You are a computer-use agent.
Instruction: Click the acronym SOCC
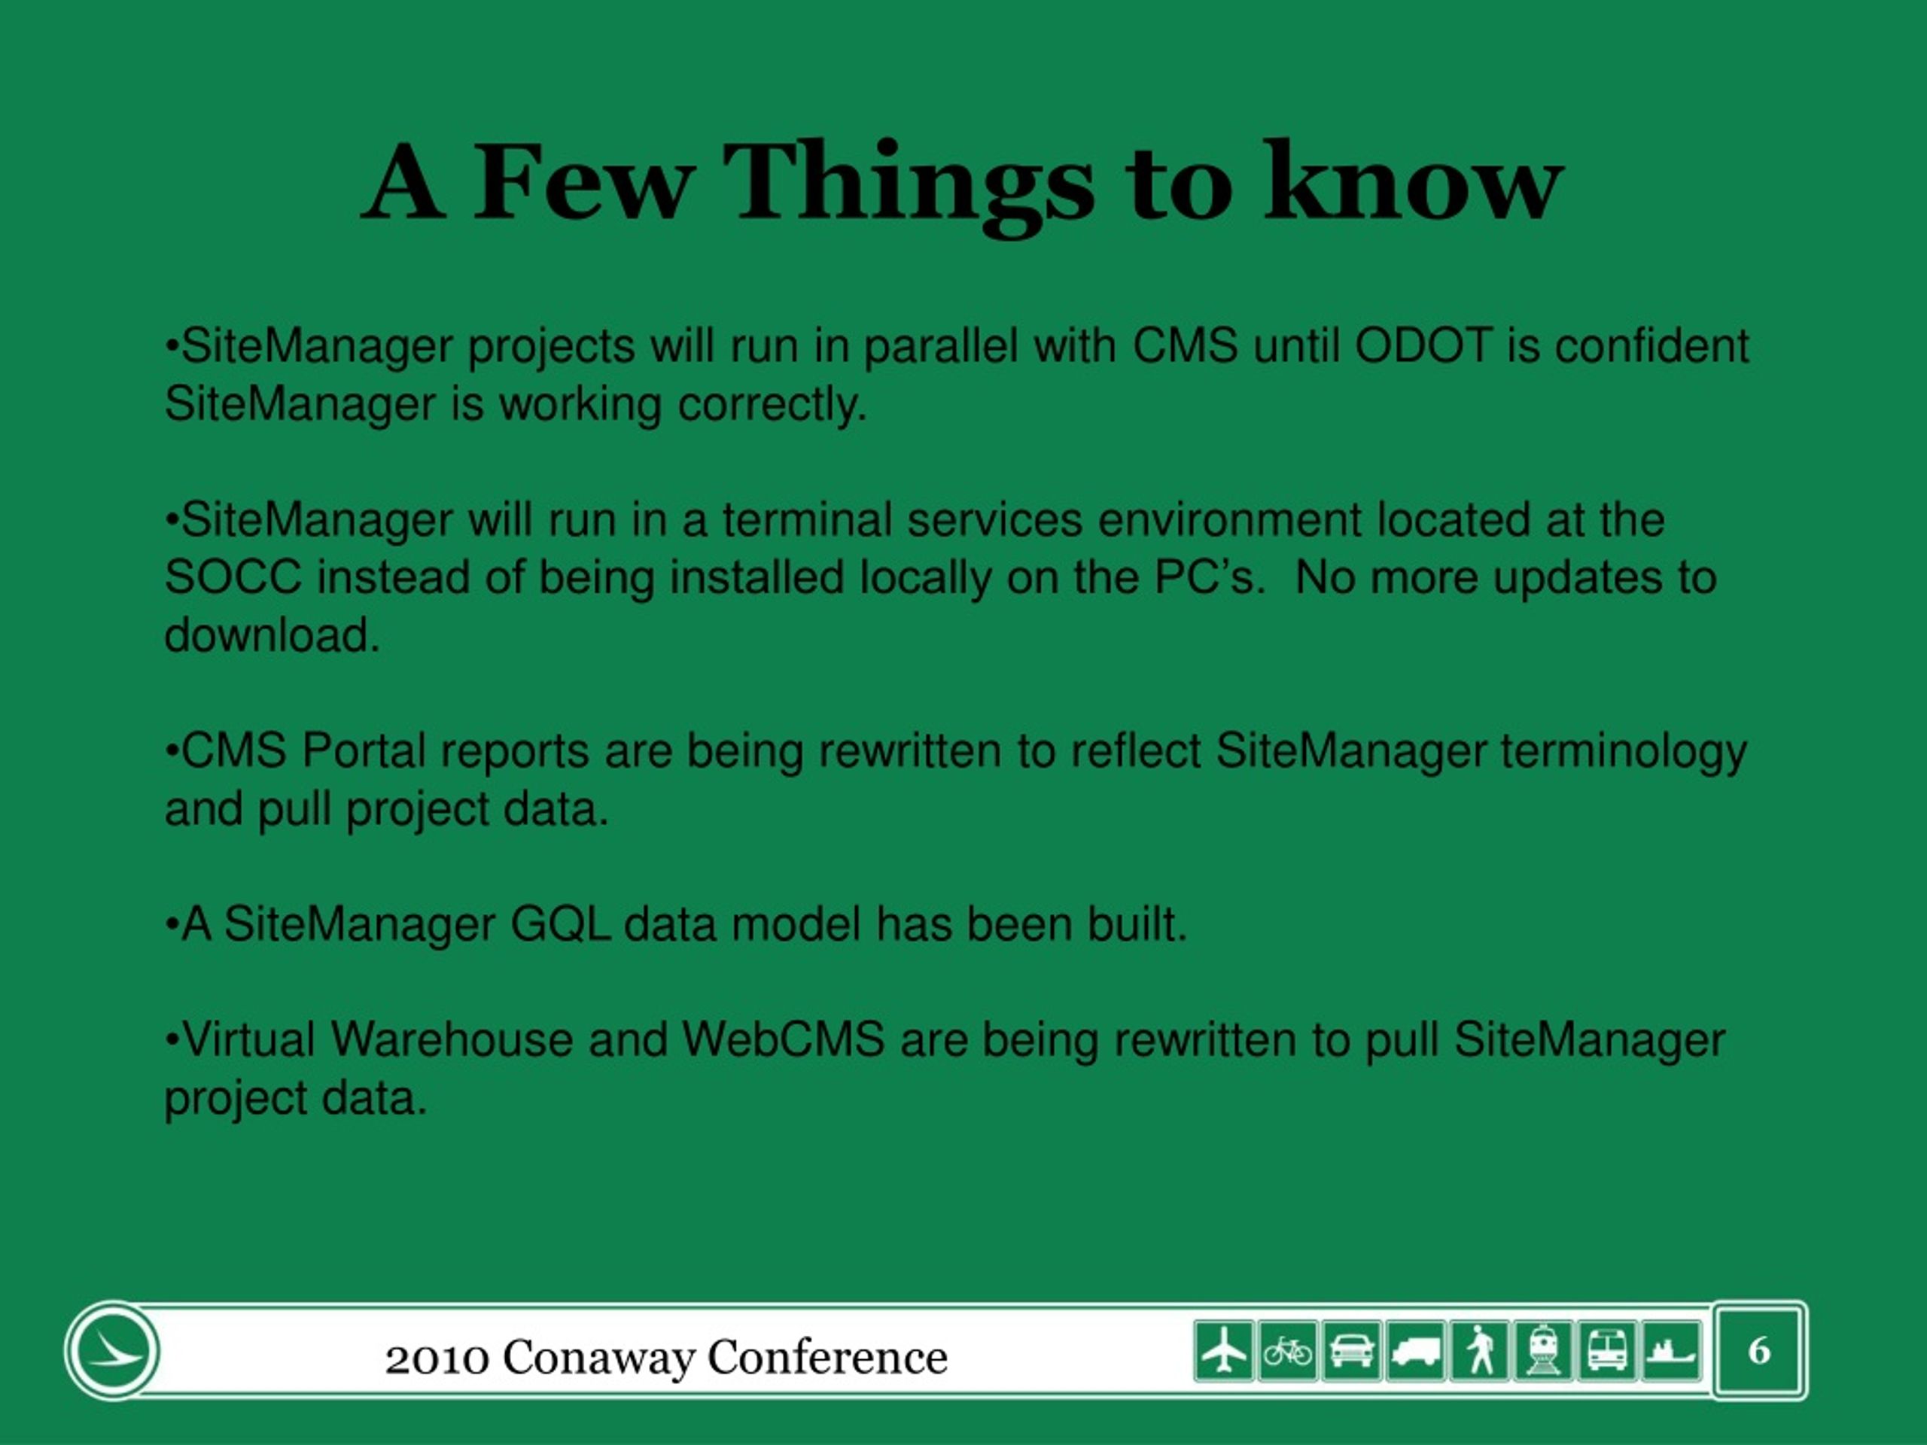tap(233, 577)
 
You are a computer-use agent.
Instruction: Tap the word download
tap(272, 634)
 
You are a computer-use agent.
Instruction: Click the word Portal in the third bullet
tap(364, 751)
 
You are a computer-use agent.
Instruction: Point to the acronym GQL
tap(560, 924)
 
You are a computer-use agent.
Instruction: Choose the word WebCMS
tap(783, 1040)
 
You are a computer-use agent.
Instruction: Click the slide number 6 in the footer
tap(1759, 1351)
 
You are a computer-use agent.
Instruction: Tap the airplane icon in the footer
tap(1224, 1351)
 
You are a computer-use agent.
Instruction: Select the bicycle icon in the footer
tap(1288, 1351)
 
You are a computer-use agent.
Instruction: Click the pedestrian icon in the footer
tap(1479, 1351)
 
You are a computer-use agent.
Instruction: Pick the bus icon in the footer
tap(1607, 1351)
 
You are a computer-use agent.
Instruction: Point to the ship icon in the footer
tap(1671, 1351)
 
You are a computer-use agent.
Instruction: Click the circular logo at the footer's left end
tap(112, 1351)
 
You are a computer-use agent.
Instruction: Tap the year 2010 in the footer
tap(437, 1358)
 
